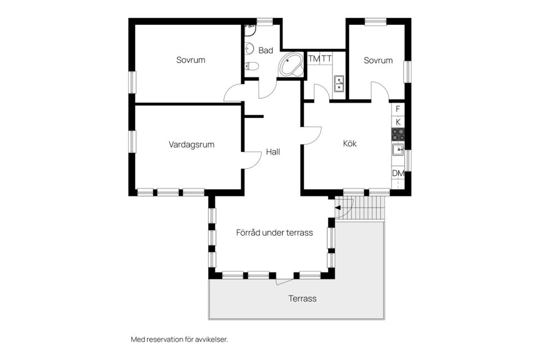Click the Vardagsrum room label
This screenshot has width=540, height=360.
coord(191,145)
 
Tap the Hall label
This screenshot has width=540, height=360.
coord(273,152)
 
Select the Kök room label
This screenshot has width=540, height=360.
coord(349,143)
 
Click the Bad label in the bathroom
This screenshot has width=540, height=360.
coord(265,50)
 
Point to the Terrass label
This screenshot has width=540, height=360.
coord(303,298)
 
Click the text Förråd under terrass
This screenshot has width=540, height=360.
coord(274,233)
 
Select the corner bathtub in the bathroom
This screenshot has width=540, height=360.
coord(291,65)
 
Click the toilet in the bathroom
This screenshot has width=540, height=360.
coord(251,66)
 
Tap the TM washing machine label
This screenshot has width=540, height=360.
coord(314,59)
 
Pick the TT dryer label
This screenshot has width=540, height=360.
coord(326,59)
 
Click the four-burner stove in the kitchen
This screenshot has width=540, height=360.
coord(398,134)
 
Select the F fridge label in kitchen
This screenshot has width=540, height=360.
coord(398,109)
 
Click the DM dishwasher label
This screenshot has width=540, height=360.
coord(398,173)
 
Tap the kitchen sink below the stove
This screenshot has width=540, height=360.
coord(398,150)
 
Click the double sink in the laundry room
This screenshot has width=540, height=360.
coord(339,84)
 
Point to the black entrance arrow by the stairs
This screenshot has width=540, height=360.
coord(338,208)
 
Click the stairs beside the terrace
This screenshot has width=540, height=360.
coord(359,209)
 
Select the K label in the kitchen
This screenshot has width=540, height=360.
coord(398,122)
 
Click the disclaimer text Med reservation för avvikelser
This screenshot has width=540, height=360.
coord(179,339)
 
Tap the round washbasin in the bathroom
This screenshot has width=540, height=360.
coord(250,49)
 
